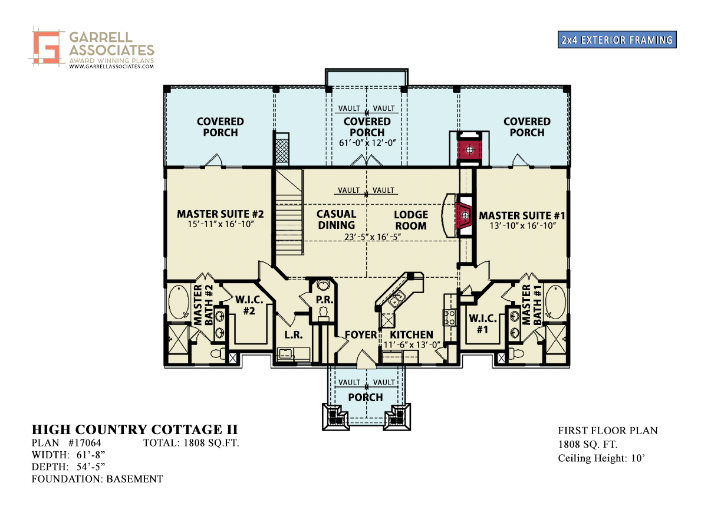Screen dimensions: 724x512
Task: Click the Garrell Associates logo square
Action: coord(47,47)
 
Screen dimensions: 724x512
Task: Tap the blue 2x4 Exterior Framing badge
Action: coord(617,40)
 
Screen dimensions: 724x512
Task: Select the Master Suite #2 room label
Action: coord(220,214)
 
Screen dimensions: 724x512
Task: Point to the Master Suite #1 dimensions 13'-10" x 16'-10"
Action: coord(522,225)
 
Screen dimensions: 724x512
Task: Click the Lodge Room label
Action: coord(411,220)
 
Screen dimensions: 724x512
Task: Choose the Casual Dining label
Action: coord(336,219)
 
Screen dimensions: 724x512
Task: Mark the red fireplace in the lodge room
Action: coord(464,216)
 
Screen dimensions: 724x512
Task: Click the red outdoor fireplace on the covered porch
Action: coord(469,150)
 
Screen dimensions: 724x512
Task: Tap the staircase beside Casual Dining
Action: coord(289,212)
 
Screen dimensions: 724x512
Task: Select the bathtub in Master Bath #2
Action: coord(179,301)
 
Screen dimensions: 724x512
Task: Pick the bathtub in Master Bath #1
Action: coord(555,301)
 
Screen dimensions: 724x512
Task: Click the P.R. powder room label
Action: coord(324,300)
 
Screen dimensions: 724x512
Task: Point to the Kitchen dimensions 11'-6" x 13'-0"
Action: coord(412,345)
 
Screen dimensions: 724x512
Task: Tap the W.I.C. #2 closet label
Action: coord(249,306)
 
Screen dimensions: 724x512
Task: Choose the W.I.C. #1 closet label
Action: coord(482,324)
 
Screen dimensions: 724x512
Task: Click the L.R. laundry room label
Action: coord(294,335)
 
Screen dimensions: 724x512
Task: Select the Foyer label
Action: coord(361,335)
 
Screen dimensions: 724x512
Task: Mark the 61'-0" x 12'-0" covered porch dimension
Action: coord(367,143)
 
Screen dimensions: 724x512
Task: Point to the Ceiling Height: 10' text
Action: coord(601,458)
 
